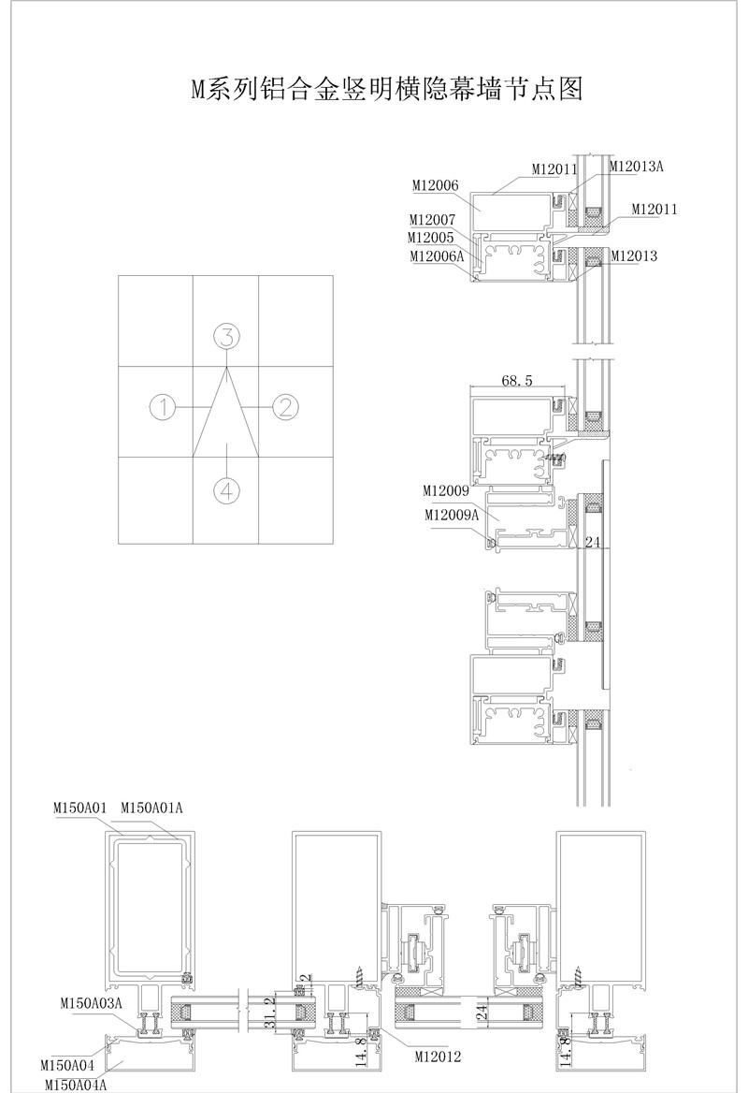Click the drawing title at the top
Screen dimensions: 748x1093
pyautogui.click(x=386, y=89)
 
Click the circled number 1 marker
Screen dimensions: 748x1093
pyautogui.click(x=163, y=406)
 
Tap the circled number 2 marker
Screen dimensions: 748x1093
pyautogui.click(x=284, y=406)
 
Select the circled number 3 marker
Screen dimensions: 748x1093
pyautogui.click(x=226, y=337)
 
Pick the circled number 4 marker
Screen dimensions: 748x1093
pyautogui.click(x=226, y=490)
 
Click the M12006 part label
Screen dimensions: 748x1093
pyautogui.click(x=436, y=185)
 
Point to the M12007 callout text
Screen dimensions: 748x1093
pyautogui.click(x=432, y=220)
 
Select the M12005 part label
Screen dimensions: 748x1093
pyautogui.click(x=430, y=238)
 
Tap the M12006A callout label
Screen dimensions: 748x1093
pyautogui.click(x=437, y=255)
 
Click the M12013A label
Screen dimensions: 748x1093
pyautogui.click(x=636, y=166)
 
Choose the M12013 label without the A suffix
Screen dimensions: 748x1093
pyautogui.click(x=634, y=255)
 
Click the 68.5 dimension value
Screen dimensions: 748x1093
pyautogui.click(x=517, y=380)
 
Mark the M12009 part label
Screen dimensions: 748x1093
pyautogui.click(x=446, y=490)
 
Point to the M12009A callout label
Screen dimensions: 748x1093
pyautogui.click(x=452, y=515)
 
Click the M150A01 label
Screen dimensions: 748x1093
pyautogui.click(x=80, y=808)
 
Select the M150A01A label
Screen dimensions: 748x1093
pyautogui.click(x=151, y=808)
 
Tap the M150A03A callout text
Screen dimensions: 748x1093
pyautogui.click(x=92, y=1003)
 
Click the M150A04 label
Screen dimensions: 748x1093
pyautogui.click(x=67, y=1065)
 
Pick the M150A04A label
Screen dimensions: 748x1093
pyautogui.click(x=76, y=1085)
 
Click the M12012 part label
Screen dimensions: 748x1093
pyautogui.click(x=439, y=1057)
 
